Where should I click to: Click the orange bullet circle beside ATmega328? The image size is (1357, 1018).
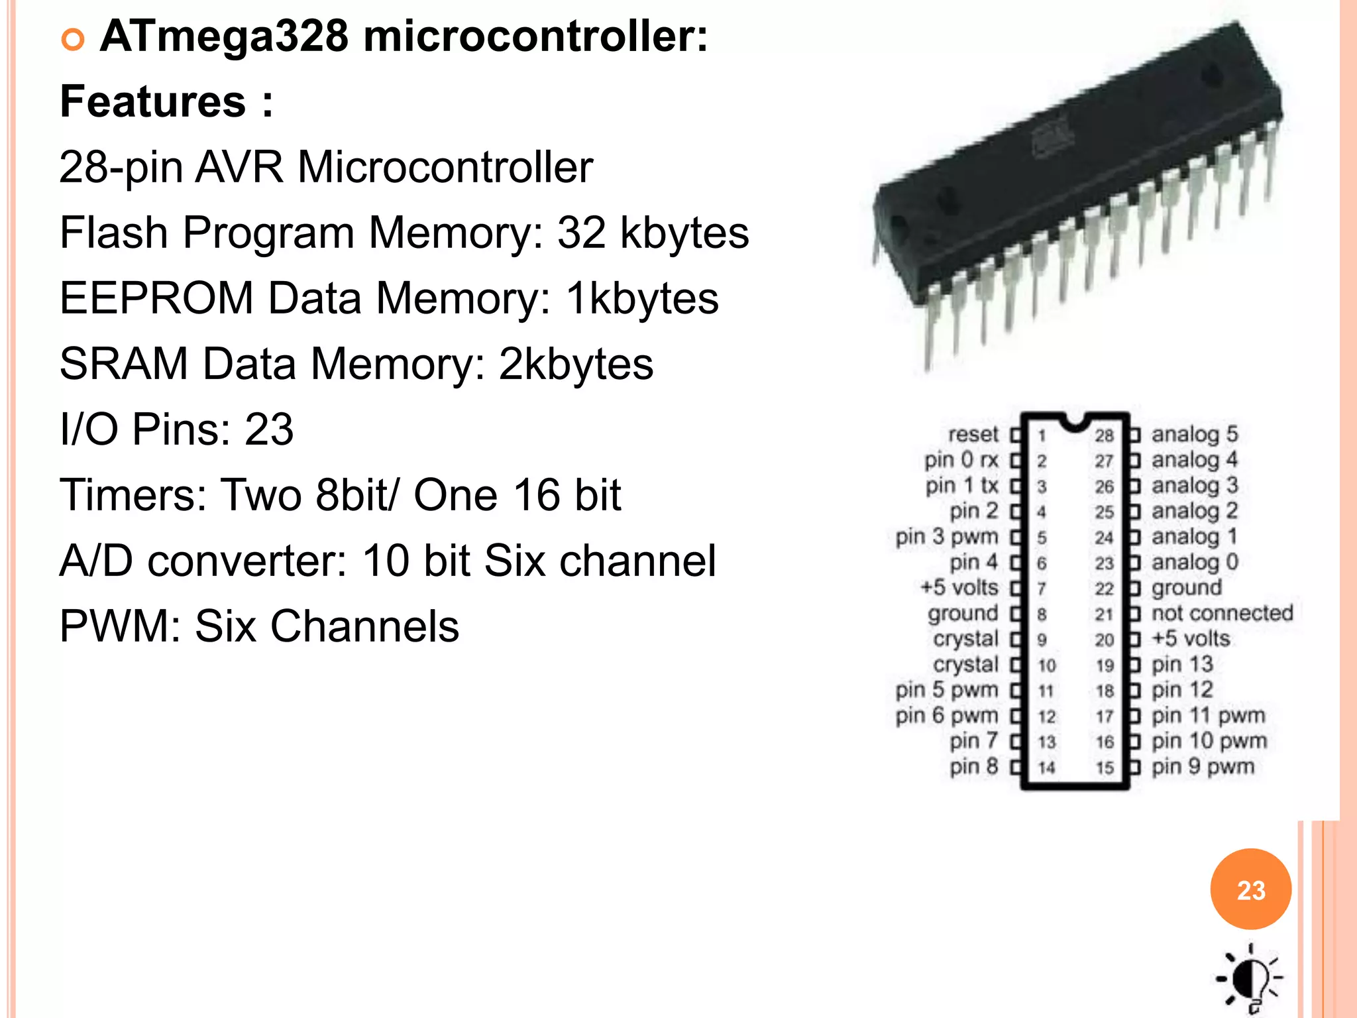click(x=73, y=40)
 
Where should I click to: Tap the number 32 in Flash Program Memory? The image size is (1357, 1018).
click(x=581, y=233)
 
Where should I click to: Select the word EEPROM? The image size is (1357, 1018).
click(x=156, y=298)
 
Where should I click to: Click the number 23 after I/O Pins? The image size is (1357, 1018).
click(x=269, y=429)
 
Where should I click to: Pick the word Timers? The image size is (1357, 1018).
click(x=133, y=494)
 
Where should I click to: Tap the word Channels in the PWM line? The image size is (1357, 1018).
click(x=364, y=626)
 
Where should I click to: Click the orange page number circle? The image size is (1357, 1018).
click(x=1250, y=889)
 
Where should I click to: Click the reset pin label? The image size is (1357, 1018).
click(x=973, y=435)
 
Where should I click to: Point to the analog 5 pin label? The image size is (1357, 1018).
click(x=1195, y=434)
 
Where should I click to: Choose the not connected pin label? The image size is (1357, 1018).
click(x=1222, y=613)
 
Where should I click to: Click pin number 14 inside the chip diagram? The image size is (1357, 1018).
click(x=1046, y=767)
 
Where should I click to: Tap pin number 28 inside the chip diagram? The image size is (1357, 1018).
click(x=1104, y=435)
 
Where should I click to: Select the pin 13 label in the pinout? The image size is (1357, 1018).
click(x=1182, y=664)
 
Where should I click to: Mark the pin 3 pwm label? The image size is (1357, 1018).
click(x=946, y=537)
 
